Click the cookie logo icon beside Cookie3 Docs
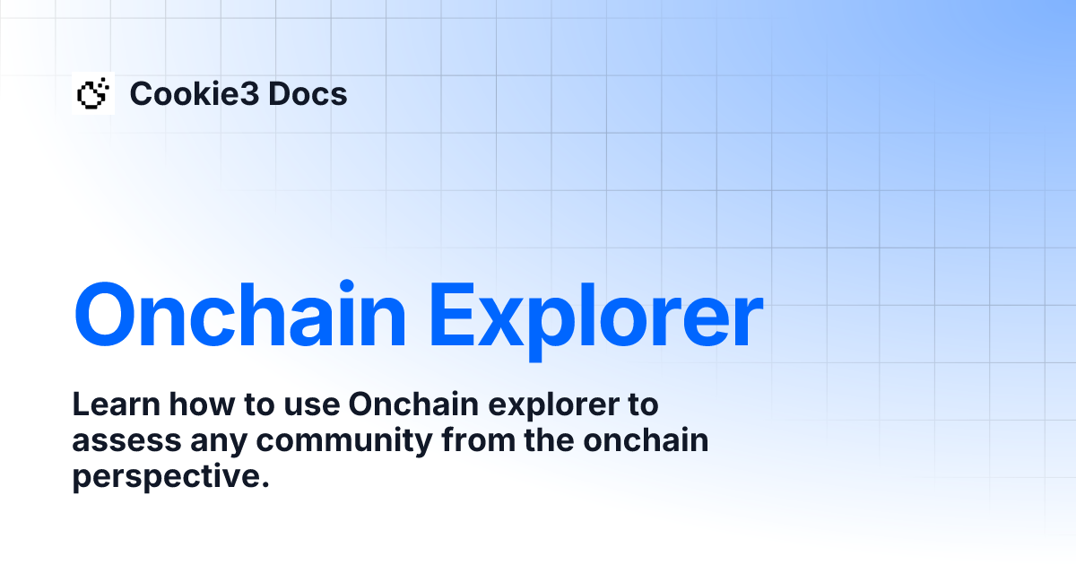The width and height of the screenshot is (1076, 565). pyautogui.click(x=93, y=93)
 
